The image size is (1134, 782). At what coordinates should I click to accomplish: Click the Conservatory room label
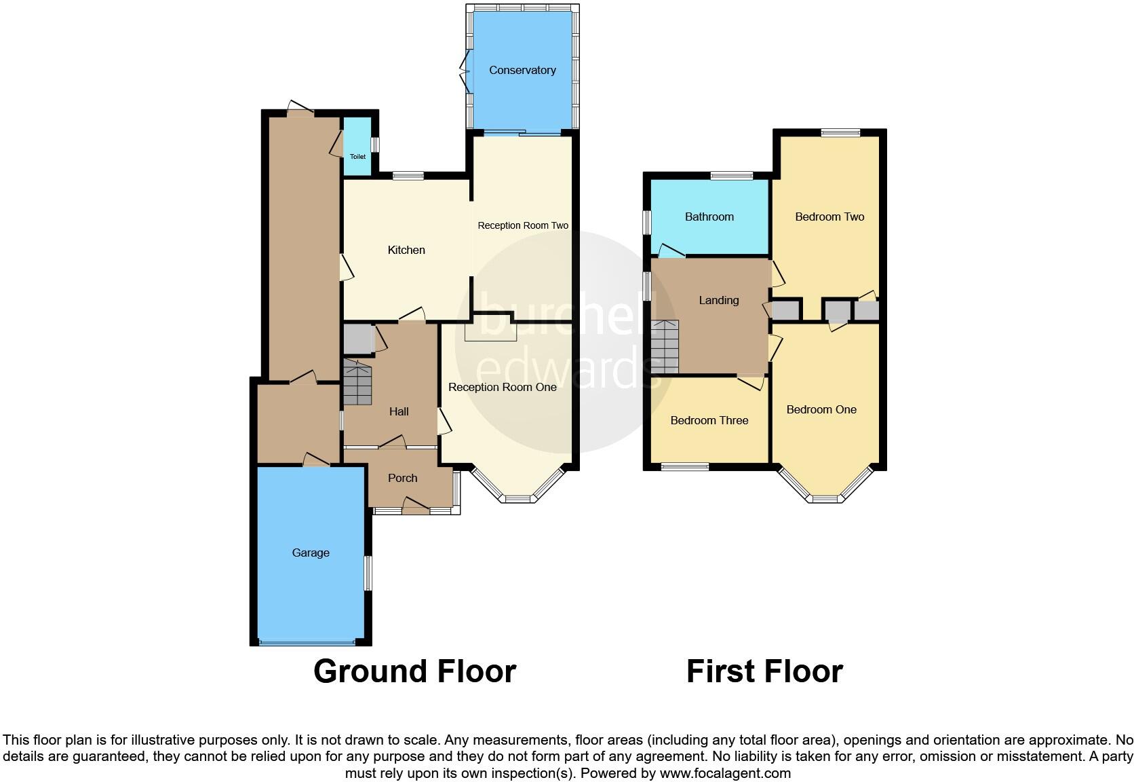point(522,70)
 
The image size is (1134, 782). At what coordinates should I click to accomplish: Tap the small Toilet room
point(357,148)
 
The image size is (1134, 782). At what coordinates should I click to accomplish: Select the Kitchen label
point(406,250)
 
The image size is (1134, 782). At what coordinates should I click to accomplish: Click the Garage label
point(311,553)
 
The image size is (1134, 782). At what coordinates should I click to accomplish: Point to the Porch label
point(402,478)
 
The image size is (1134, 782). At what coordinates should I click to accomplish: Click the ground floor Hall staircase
point(357,383)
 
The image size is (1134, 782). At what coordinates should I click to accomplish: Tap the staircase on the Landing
point(665,347)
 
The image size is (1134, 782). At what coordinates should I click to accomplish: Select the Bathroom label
point(709,217)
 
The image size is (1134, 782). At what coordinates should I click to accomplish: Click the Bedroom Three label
point(709,420)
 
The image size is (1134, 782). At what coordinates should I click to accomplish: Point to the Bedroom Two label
point(829,217)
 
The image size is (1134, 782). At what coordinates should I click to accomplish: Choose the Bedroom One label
point(821,409)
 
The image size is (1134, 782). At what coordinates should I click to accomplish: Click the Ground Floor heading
point(414,671)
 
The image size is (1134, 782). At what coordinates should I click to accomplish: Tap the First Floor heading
point(764,671)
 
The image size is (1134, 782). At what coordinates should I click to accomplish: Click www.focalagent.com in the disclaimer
point(725,772)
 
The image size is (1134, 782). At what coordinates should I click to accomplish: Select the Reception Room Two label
point(523,225)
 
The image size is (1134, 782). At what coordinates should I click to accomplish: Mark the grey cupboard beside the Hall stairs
point(357,339)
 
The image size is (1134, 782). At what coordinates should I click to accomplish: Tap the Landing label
point(719,300)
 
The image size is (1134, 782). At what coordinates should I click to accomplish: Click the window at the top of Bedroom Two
point(840,133)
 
